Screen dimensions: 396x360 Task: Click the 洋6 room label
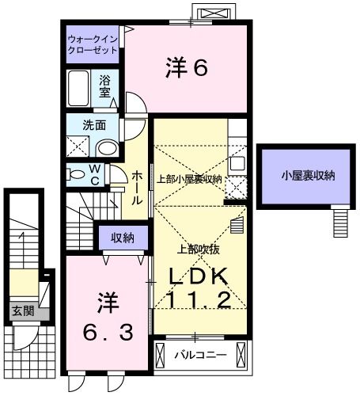click(x=187, y=69)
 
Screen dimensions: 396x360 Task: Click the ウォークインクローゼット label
click(x=93, y=44)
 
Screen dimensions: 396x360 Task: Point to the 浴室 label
click(x=105, y=86)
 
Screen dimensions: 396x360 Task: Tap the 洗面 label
click(x=83, y=124)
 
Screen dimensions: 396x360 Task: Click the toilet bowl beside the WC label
click(x=77, y=173)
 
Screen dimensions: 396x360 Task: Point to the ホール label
click(x=137, y=187)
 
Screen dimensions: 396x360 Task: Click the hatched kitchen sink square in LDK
click(x=237, y=188)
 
